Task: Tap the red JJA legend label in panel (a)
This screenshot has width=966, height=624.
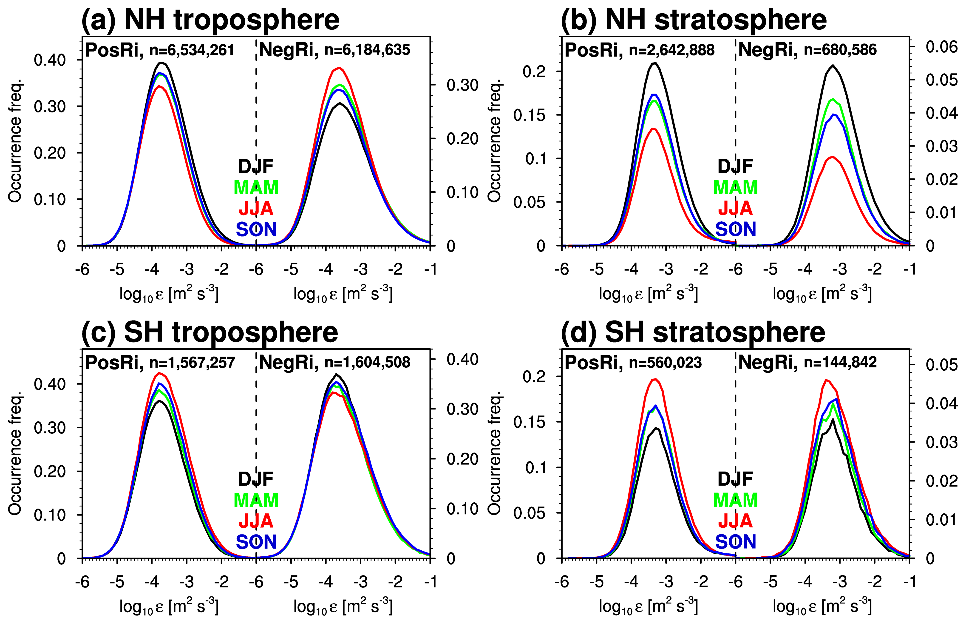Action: point(256,208)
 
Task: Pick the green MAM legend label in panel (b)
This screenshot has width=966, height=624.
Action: point(735,187)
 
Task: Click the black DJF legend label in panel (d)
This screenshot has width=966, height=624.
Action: point(735,479)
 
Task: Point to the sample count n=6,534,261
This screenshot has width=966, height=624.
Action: point(192,50)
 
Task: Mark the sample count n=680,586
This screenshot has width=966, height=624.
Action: point(840,50)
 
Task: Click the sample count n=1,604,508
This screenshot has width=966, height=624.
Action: point(367,362)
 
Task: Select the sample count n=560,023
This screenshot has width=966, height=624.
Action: point(665,362)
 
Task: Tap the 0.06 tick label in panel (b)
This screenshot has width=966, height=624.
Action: point(942,47)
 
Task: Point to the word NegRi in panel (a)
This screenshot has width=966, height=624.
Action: point(288,50)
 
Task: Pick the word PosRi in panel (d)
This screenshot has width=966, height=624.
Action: point(594,362)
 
